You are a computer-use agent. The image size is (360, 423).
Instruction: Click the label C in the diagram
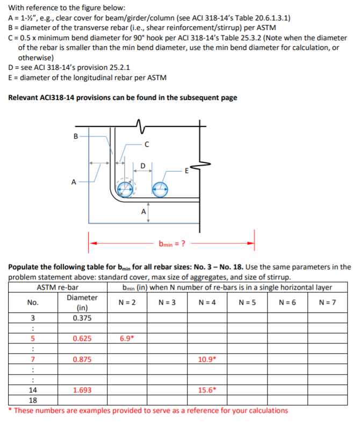point(146,144)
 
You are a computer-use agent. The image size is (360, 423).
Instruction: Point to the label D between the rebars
point(142,164)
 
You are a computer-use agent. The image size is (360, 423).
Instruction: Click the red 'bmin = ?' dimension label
point(172,242)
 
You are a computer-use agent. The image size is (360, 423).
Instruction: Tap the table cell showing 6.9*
point(128,339)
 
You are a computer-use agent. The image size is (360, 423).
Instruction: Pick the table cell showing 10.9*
point(207,359)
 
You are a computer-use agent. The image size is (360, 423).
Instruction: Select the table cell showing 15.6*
point(207,391)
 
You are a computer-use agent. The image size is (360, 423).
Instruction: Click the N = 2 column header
point(128,303)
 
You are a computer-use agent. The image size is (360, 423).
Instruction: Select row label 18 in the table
point(33,400)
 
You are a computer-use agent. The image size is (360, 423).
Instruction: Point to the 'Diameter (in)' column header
point(82,303)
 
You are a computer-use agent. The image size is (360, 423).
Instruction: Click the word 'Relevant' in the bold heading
point(25,98)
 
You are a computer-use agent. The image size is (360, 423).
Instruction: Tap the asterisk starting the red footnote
point(11,411)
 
